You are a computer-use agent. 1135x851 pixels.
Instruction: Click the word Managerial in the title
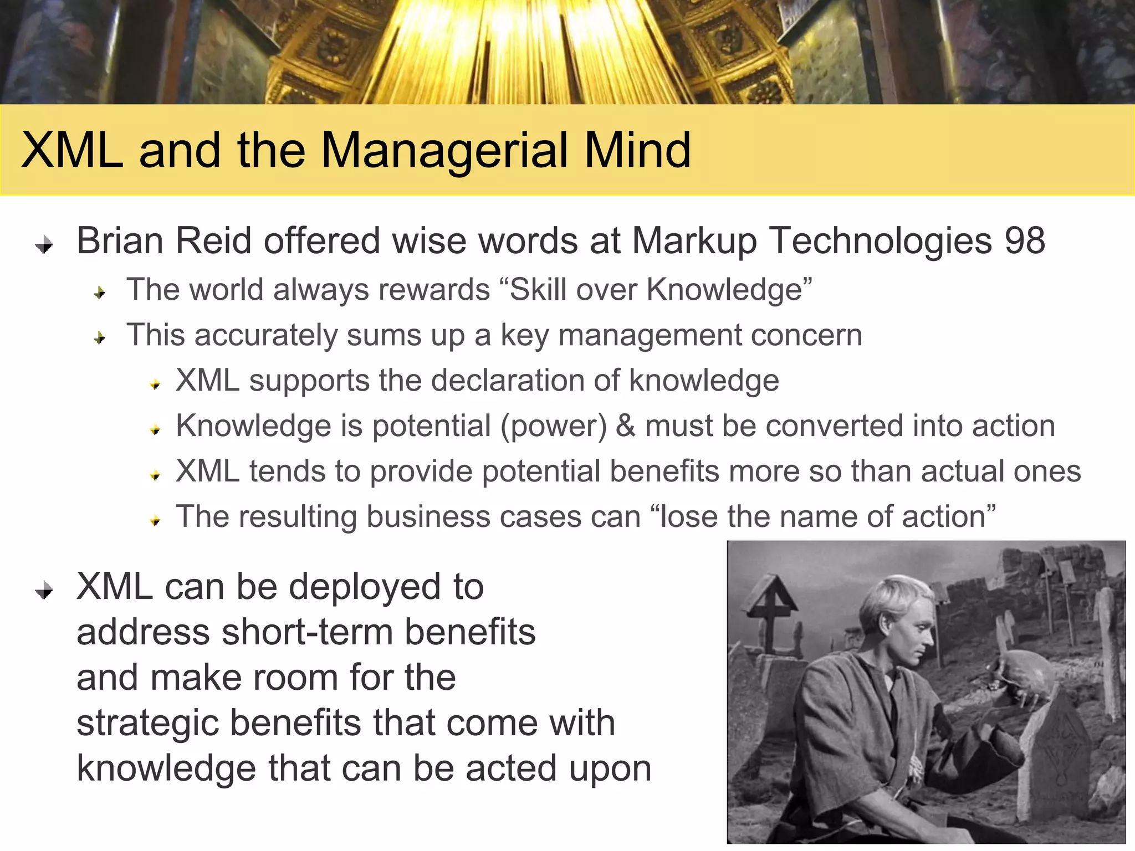click(445, 151)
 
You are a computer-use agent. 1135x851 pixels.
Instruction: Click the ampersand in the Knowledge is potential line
click(626, 425)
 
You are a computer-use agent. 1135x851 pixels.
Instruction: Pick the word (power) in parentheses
click(554, 427)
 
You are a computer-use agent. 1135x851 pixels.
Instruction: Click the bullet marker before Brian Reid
click(44, 244)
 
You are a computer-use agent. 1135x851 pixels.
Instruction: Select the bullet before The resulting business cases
click(155, 520)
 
